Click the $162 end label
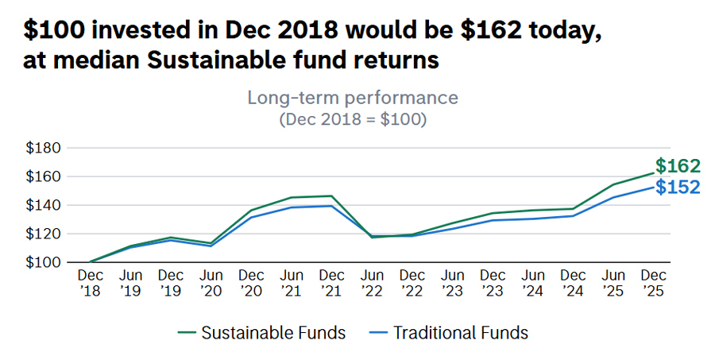coord(678,166)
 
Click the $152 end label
coord(678,187)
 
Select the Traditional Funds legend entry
coord(450,332)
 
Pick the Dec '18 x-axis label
coord(90,282)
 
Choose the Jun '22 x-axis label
coord(372,282)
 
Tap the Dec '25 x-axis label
coord(655,282)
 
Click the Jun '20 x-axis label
coord(211,282)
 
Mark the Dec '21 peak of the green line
coord(331,195)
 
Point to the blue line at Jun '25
coord(614,197)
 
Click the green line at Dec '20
coord(251,211)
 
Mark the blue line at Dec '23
coord(493,220)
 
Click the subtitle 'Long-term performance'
coord(353,98)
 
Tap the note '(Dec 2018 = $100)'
coord(353,120)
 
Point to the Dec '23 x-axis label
coord(493,282)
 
